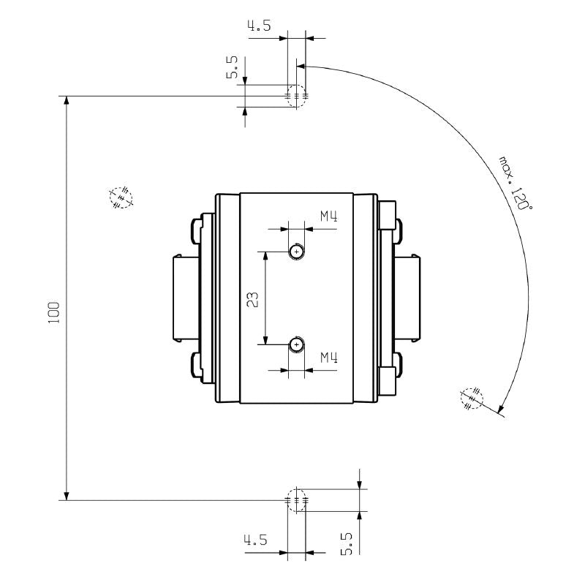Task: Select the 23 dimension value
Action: click(x=251, y=299)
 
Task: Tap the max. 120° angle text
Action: click(x=515, y=183)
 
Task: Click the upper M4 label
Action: click(x=328, y=216)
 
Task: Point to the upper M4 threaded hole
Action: click(x=296, y=252)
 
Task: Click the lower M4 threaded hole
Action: click(x=296, y=344)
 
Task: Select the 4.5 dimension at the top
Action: click(x=259, y=27)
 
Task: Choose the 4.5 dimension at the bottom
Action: click(x=255, y=541)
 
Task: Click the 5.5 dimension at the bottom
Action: click(x=347, y=543)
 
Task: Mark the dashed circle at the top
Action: click(x=296, y=96)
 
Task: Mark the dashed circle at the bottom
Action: click(x=296, y=500)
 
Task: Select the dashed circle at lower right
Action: click(x=472, y=397)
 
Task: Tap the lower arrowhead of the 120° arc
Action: click(x=500, y=410)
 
